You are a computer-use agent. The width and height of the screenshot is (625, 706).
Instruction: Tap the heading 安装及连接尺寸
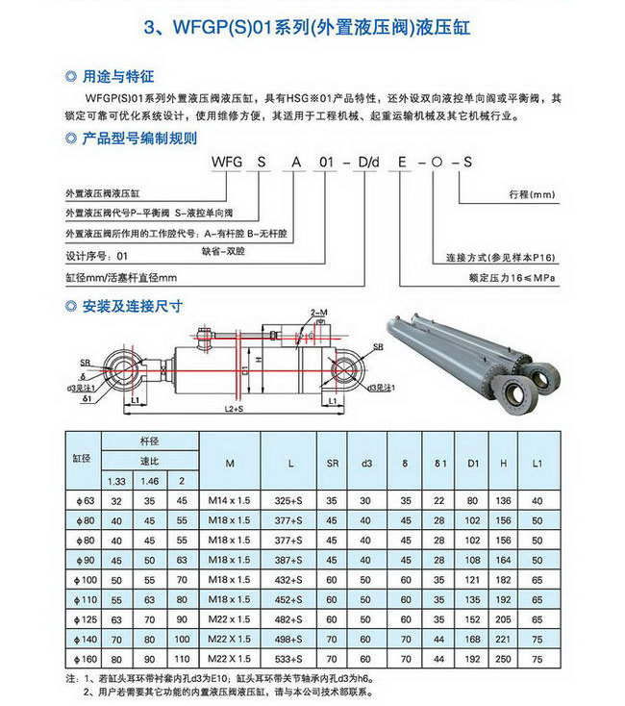click(132, 306)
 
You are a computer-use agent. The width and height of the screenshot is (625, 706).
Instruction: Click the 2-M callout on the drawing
click(319, 314)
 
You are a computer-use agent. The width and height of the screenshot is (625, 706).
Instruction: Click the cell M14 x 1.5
click(230, 500)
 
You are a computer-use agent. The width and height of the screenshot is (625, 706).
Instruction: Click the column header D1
click(472, 464)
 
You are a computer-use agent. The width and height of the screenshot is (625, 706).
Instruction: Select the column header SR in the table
click(332, 464)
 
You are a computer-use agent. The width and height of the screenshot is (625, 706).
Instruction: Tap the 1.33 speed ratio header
click(117, 481)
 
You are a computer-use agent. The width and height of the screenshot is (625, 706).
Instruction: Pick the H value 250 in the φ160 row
click(504, 661)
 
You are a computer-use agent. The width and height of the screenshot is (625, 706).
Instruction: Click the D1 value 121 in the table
click(472, 580)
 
